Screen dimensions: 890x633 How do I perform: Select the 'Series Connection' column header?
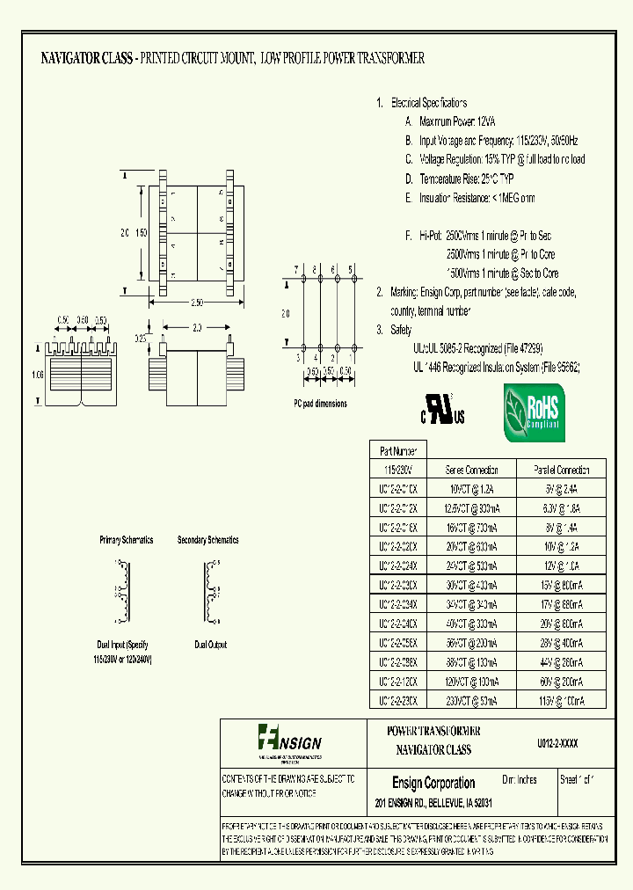tap(472, 470)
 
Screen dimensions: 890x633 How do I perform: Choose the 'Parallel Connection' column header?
tap(562, 470)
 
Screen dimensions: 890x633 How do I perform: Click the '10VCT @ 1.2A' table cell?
tap(472, 489)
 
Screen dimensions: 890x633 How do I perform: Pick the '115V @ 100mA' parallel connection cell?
tap(562, 701)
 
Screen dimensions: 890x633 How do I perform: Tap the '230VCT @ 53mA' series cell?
tap(472, 701)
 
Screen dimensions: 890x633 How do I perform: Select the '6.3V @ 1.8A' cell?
tap(562, 508)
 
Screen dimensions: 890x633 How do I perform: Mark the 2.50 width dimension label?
tap(196, 303)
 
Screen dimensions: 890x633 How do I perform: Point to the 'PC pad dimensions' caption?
tap(320, 404)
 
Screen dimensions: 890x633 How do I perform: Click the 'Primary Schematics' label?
tap(127, 540)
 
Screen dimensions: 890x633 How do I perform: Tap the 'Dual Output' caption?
tap(210, 645)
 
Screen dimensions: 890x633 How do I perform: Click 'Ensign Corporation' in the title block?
tap(433, 783)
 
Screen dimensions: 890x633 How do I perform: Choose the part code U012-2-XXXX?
tap(557, 742)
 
